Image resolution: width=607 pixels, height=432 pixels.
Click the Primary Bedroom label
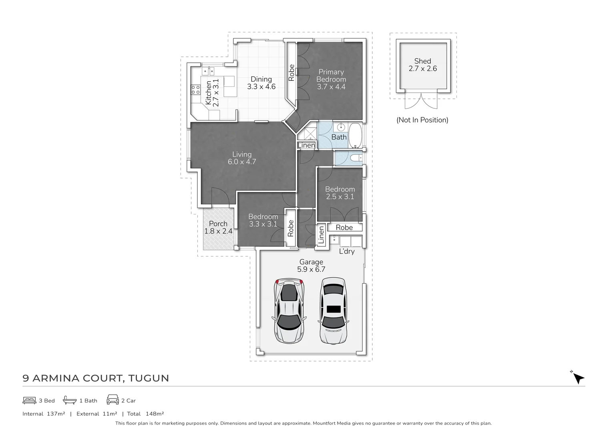tap(331, 76)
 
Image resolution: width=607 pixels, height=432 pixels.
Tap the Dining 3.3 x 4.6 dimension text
tap(261, 86)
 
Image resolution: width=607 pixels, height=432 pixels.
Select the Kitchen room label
tap(208, 92)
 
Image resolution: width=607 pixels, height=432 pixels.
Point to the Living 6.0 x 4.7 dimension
tap(242, 162)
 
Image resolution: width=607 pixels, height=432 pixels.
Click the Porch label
tap(218, 224)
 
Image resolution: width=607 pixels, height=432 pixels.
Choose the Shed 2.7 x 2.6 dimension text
tap(422, 68)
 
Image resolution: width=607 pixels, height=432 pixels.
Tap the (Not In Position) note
tap(422, 120)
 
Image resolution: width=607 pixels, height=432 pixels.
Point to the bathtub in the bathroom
tap(355, 135)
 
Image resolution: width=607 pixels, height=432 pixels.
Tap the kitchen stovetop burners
tap(196, 90)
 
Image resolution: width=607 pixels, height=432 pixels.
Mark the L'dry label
tap(347, 251)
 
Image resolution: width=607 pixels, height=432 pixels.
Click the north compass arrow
tap(578, 378)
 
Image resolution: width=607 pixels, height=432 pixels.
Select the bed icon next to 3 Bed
tap(29, 400)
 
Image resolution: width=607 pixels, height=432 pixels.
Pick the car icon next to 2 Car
tap(113, 400)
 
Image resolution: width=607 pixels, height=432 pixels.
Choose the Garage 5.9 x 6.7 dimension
tap(311, 269)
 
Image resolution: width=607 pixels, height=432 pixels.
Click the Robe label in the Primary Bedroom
tap(291, 73)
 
